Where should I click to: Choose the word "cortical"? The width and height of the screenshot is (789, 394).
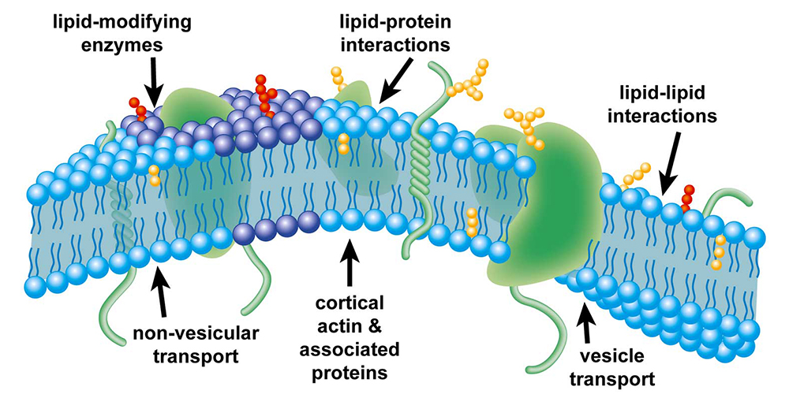click(350, 303)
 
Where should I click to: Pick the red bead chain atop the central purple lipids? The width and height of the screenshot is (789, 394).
click(264, 93)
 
